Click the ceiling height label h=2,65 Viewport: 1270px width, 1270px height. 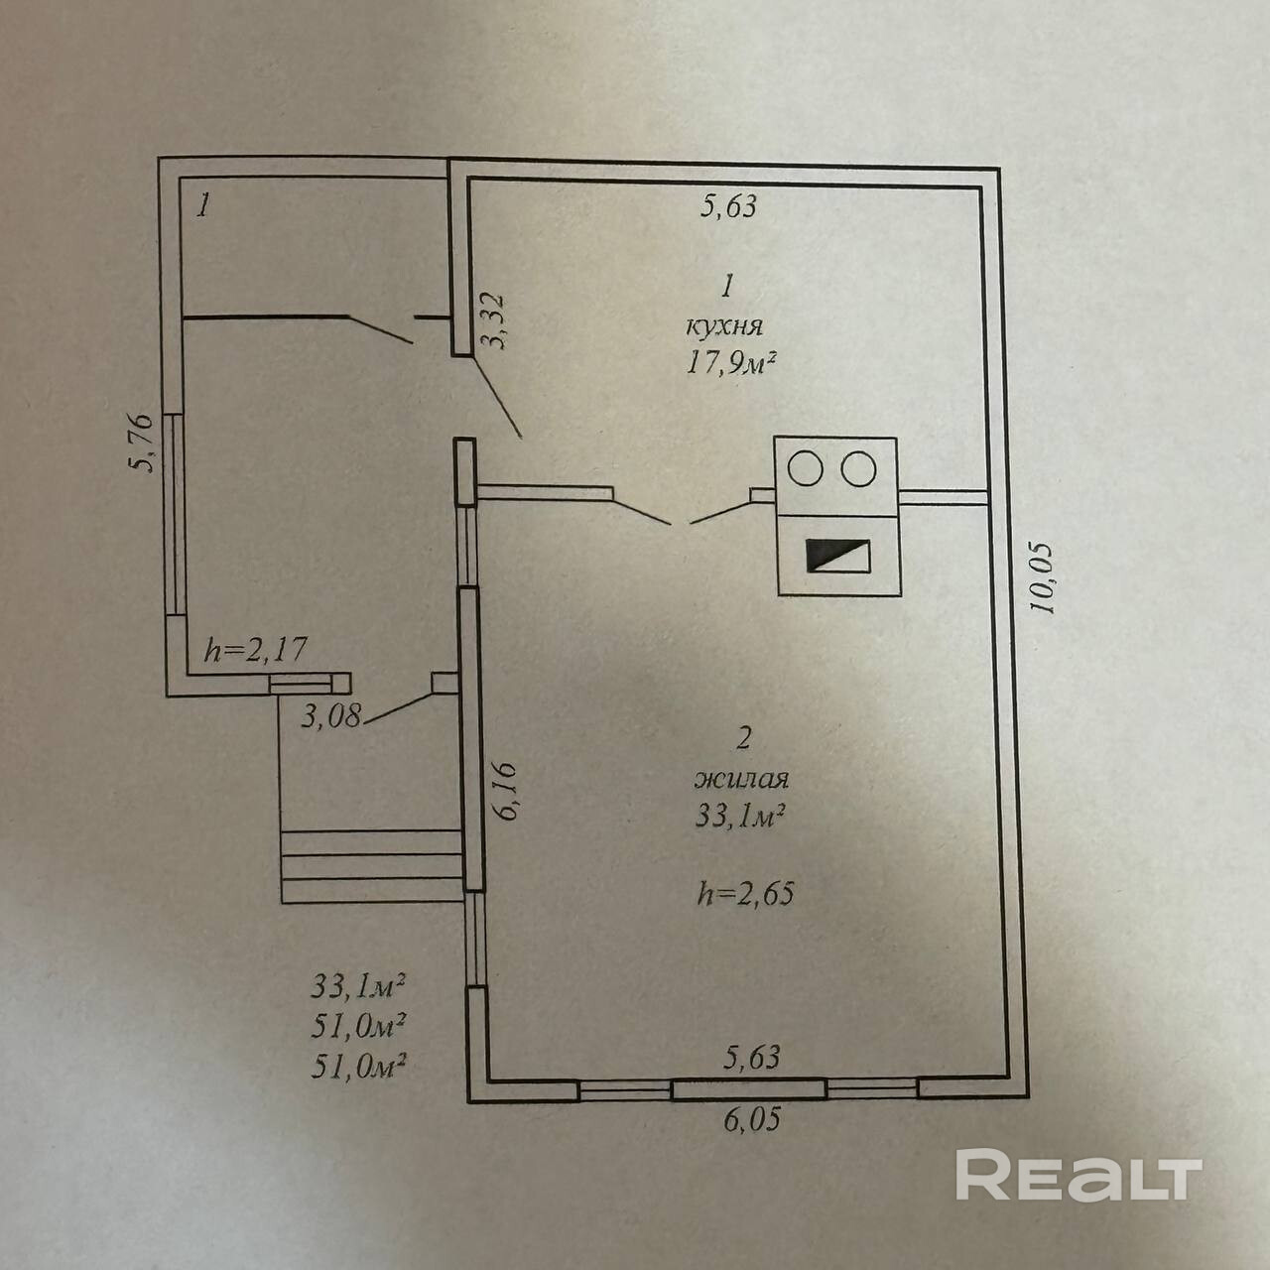pyautogui.click(x=746, y=894)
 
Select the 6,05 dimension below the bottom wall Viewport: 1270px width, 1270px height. pyautogui.click(x=752, y=1120)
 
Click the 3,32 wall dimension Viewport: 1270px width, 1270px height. pyautogui.click(x=493, y=320)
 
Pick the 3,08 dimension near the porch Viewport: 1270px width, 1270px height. pyautogui.click(x=332, y=715)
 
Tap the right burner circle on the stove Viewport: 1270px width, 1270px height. pyautogui.click(x=859, y=468)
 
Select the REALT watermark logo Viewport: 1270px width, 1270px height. pyautogui.click(x=1078, y=1176)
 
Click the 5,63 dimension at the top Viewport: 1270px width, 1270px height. pyautogui.click(x=729, y=206)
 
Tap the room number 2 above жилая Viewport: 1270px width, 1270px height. pyautogui.click(x=745, y=737)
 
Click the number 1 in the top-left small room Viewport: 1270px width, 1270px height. pyautogui.click(x=203, y=206)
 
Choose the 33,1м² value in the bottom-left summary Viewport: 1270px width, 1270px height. pyautogui.click(x=359, y=986)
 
